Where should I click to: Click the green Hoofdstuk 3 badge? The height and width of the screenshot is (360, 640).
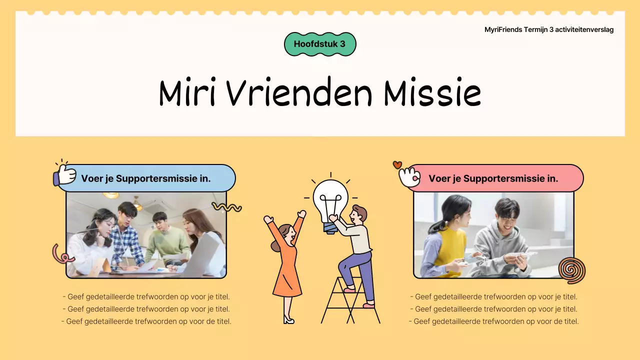(x=320, y=44)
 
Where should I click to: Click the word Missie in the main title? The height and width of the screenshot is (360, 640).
(x=432, y=93)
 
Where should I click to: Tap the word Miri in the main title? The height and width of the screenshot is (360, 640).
(x=187, y=93)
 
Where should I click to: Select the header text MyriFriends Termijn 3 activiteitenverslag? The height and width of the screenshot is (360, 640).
(x=548, y=29)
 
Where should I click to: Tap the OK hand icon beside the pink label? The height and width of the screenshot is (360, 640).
(x=409, y=176)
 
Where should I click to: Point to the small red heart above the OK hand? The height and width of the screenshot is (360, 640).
(x=397, y=164)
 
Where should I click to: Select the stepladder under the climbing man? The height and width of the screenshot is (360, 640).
(x=350, y=302)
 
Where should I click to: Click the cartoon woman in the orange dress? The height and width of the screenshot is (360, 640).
(x=286, y=260)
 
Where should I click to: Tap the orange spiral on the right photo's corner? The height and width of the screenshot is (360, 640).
(x=571, y=270)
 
